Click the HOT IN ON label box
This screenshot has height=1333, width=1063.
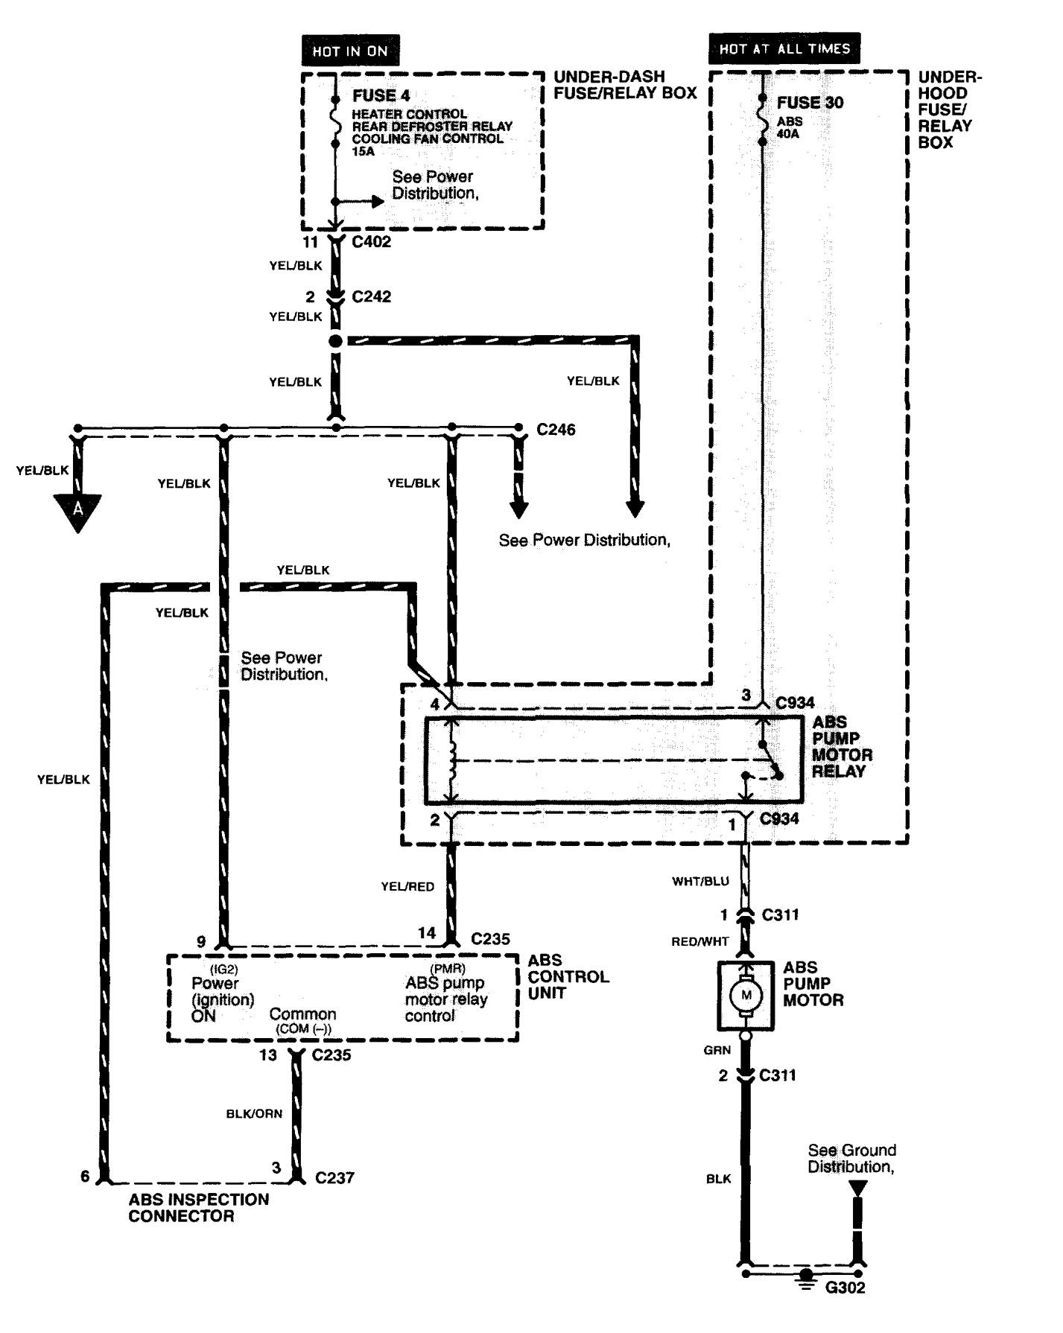pyautogui.click(x=350, y=51)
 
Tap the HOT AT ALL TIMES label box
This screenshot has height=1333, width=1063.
pyautogui.click(x=784, y=48)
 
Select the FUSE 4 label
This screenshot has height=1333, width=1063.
pyautogui.click(x=381, y=95)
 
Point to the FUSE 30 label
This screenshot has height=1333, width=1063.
pyautogui.click(x=810, y=103)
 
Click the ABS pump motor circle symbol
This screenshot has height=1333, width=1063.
pyautogui.click(x=746, y=995)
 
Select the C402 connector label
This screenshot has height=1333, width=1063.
pyautogui.click(x=371, y=242)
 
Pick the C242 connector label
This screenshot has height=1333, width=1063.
pyautogui.click(x=371, y=296)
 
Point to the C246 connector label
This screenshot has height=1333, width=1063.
pyautogui.click(x=556, y=430)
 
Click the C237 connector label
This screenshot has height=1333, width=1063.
pyautogui.click(x=334, y=1177)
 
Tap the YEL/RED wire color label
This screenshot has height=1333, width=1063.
pyautogui.click(x=407, y=886)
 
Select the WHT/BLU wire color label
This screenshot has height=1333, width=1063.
pyautogui.click(x=700, y=881)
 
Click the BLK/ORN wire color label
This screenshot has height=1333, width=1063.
pyautogui.click(x=254, y=1114)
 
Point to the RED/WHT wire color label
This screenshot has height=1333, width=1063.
pyautogui.click(x=700, y=941)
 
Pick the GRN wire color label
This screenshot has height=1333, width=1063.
pyautogui.click(x=717, y=1050)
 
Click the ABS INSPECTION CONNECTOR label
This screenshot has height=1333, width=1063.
pyautogui.click(x=198, y=1207)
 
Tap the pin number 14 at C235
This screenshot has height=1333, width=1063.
pyautogui.click(x=427, y=932)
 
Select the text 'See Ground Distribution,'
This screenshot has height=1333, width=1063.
pyautogui.click(x=851, y=1158)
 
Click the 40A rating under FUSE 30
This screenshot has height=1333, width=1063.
pyautogui.click(x=787, y=134)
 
